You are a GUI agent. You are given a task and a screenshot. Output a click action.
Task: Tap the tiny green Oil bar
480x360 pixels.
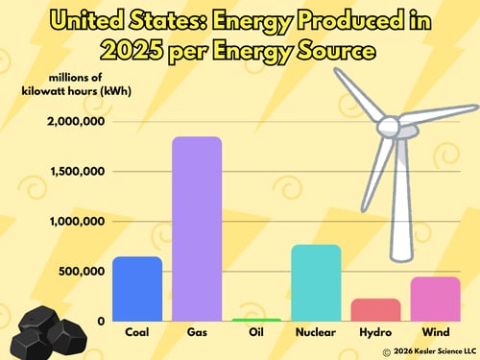257,319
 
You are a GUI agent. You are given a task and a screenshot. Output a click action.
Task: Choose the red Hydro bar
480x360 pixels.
375,309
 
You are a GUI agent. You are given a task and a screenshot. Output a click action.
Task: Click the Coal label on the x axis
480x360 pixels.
136,332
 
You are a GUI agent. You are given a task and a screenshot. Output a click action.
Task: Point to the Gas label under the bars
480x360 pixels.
197,332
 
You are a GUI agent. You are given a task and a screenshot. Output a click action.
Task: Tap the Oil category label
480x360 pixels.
257,332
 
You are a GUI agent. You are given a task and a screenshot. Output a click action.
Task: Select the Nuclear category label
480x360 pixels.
316,332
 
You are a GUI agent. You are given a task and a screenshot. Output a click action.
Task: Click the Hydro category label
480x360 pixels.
375,332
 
